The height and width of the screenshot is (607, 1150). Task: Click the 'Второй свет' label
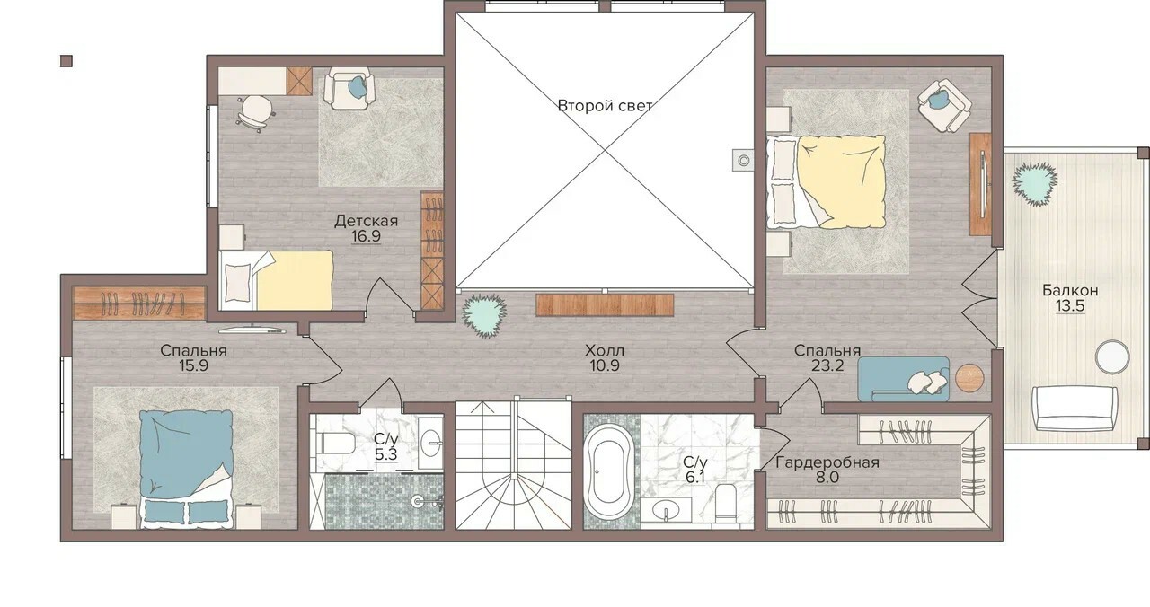point(605,106)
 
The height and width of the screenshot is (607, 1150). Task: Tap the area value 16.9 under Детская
point(366,236)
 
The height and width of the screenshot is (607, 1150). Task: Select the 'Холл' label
point(605,351)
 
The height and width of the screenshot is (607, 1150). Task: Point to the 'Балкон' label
point(1070,290)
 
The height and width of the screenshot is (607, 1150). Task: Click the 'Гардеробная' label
point(827,462)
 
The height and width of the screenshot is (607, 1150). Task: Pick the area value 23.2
point(827,365)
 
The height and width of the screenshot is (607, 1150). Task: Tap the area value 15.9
point(193,365)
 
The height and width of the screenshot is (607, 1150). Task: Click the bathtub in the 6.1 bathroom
point(609,471)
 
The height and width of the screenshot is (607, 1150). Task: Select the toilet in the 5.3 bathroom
point(337,444)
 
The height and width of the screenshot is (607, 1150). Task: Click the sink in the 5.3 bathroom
point(430,443)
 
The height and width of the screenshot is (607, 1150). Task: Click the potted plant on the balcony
point(1034,184)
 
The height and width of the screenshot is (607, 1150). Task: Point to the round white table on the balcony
point(1112,356)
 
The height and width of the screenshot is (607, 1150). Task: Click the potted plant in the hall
point(483,316)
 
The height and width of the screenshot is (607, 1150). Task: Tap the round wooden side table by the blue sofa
point(969,379)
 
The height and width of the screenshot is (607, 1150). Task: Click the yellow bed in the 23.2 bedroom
point(826,181)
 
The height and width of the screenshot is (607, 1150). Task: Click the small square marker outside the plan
point(66,61)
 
